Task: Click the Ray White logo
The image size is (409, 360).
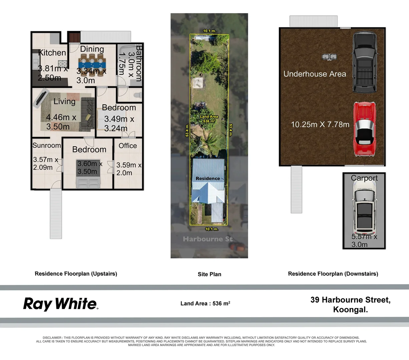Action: [x=61, y=304]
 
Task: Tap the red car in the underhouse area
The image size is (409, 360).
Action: [x=365, y=129]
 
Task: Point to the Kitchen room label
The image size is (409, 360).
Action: [x=52, y=53]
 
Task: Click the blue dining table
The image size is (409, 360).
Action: [x=92, y=65]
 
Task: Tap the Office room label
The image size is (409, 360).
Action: [x=127, y=146]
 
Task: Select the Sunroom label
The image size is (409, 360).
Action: [x=47, y=145]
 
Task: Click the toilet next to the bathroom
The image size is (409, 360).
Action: [x=138, y=95]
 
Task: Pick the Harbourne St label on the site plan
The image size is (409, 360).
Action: [x=208, y=239]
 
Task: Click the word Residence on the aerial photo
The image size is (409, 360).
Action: [x=208, y=178]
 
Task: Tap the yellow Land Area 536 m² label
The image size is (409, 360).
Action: [x=209, y=119]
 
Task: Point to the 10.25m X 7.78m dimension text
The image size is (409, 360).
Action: [x=320, y=124]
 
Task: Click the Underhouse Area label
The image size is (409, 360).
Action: [x=315, y=74]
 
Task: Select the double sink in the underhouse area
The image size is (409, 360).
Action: [x=329, y=57]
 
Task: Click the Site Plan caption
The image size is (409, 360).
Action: [x=210, y=274]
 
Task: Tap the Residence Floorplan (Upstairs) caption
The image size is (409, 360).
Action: [x=76, y=274]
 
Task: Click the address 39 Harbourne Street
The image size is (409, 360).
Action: [x=351, y=300]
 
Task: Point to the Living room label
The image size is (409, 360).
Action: [x=64, y=101]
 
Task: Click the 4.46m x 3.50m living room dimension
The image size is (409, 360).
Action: [x=61, y=122]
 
